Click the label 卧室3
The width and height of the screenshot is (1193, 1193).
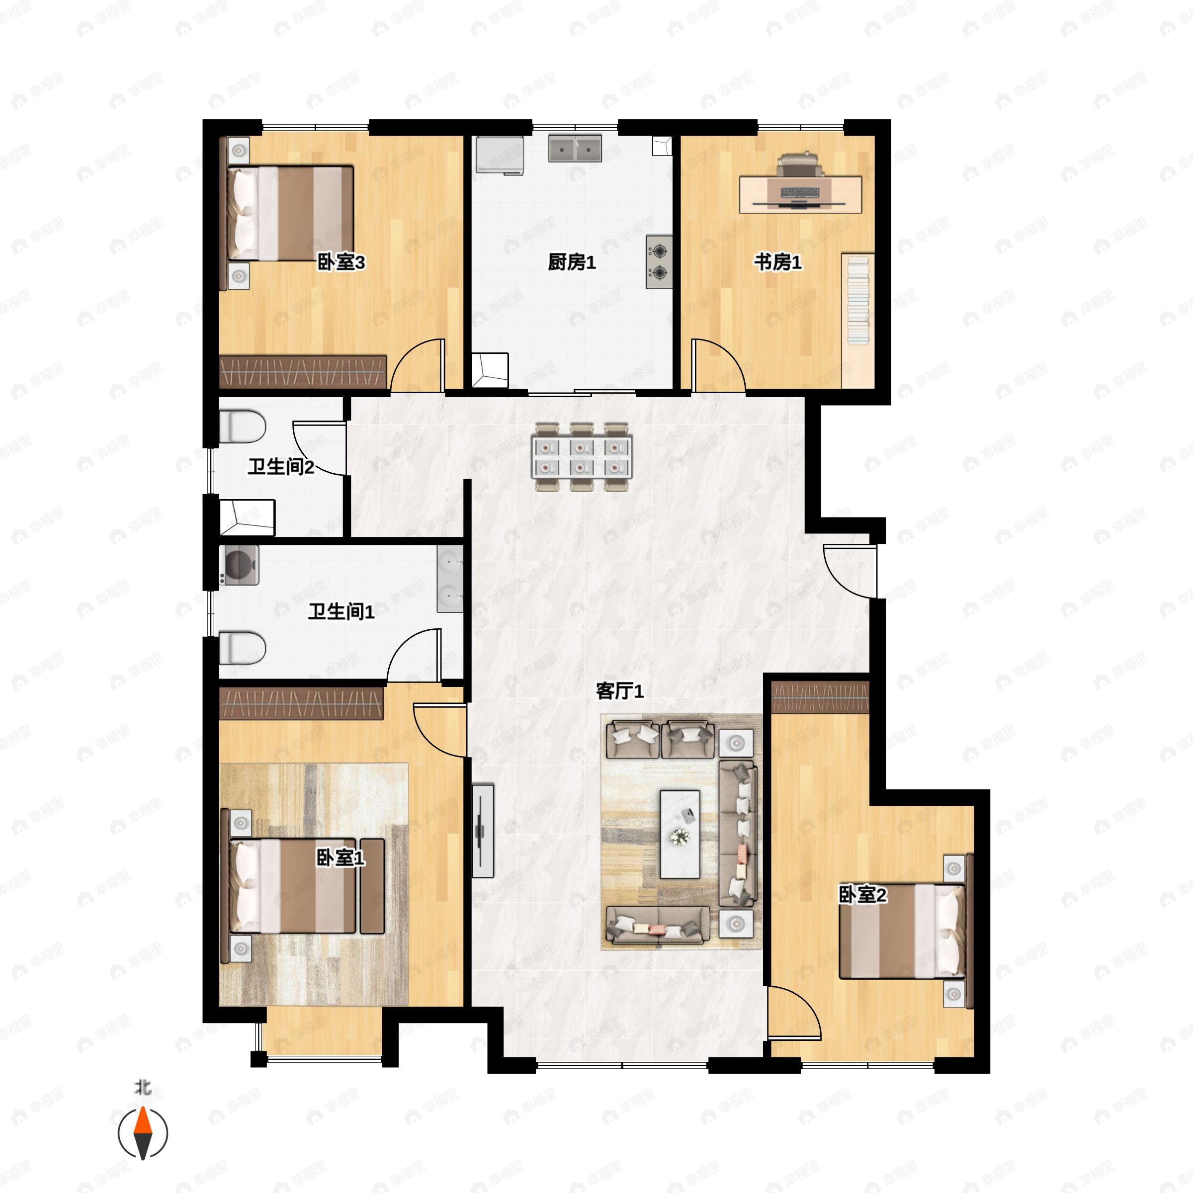(341, 262)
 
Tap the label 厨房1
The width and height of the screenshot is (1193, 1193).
(571, 262)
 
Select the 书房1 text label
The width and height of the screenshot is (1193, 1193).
(777, 262)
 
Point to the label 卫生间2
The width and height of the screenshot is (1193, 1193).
(281, 467)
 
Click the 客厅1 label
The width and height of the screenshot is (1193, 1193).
(619, 691)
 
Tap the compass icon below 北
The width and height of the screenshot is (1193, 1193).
(143, 1134)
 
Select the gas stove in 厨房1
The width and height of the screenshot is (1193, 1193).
(659, 262)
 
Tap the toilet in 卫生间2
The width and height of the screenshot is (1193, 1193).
(242, 426)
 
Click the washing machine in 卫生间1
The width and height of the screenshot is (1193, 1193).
(239, 565)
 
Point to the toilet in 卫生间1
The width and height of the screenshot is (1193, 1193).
(242, 647)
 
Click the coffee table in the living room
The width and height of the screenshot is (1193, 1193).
(680, 834)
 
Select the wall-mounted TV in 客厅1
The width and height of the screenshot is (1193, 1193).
(482, 831)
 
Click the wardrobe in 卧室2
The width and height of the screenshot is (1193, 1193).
(820, 698)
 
